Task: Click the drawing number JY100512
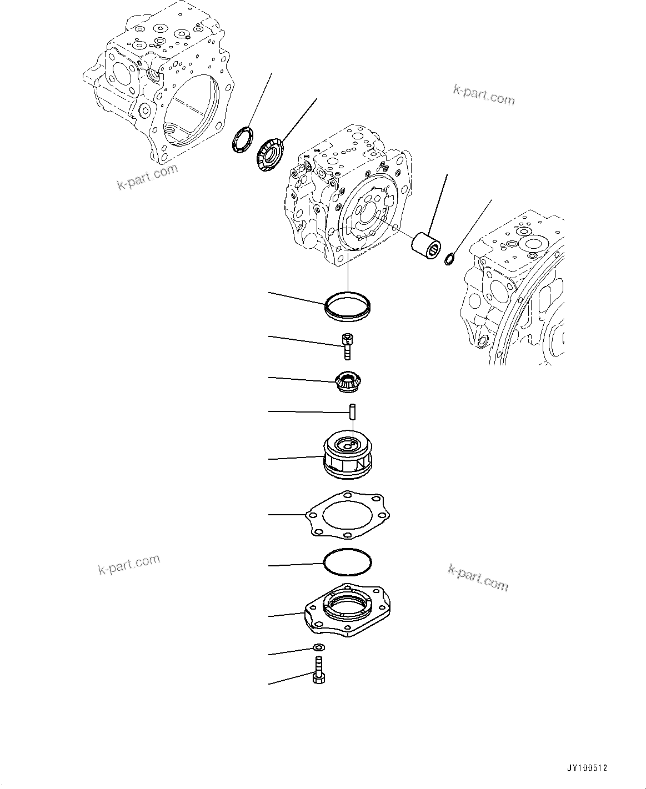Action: (x=587, y=768)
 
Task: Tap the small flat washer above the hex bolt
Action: (x=319, y=647)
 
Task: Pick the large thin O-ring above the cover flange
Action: (x=348, y=565)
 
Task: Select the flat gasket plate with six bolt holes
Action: (x=348, y=515)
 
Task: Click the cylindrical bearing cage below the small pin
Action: (x=349, y=456)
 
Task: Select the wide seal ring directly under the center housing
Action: (x=348, y=307)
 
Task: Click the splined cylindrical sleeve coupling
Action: (x=426, y=244)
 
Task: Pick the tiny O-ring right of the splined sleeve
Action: (x=450, y=258)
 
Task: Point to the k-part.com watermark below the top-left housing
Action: (x=147, y=177)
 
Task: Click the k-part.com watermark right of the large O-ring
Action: (x=478, y=577)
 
